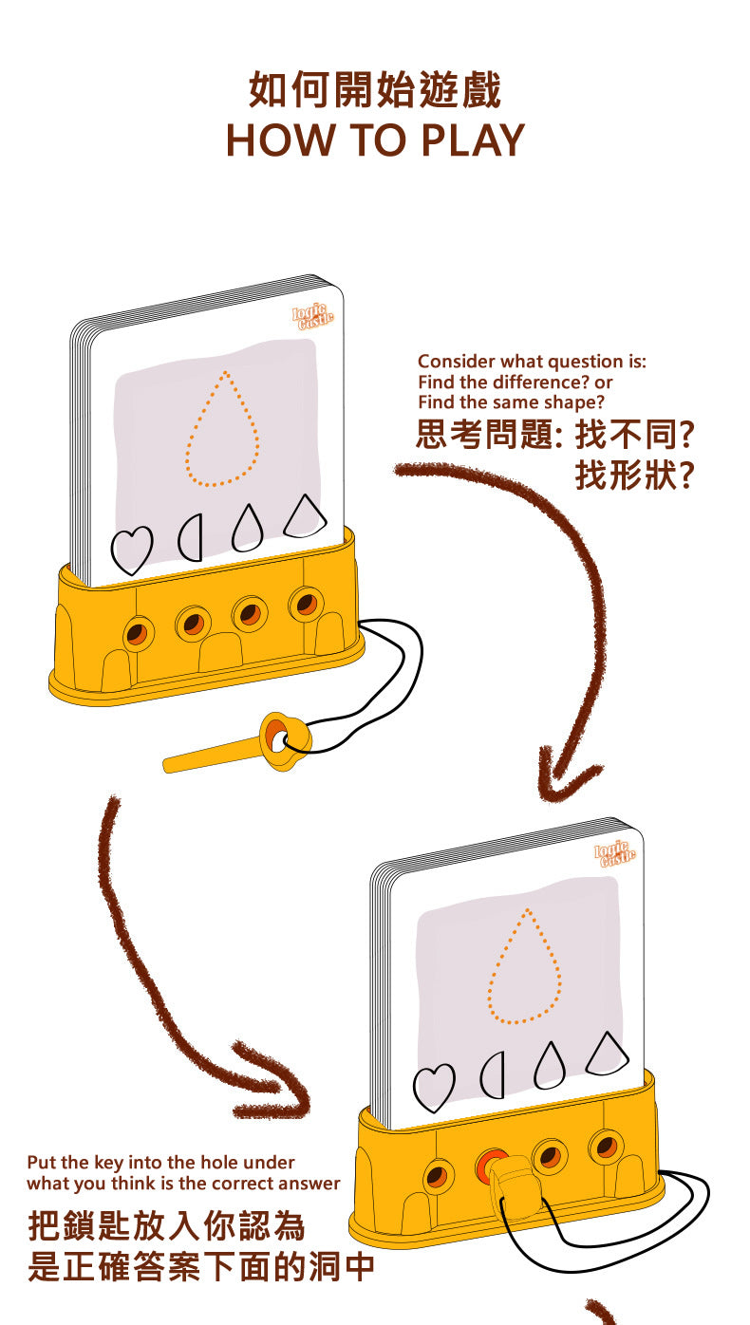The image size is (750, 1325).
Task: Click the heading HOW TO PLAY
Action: [375, 140]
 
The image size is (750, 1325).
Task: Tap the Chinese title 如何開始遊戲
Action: [375, 91]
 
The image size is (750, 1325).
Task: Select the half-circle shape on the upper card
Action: [191, 538]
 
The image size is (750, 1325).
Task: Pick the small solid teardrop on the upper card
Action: [247, 527]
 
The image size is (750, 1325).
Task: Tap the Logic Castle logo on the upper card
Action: [312, 316]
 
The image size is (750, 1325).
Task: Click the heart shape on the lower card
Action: [433, 1088]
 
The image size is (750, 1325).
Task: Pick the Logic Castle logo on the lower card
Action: [615, 854]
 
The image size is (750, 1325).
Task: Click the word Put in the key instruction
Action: [42, 1162]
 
